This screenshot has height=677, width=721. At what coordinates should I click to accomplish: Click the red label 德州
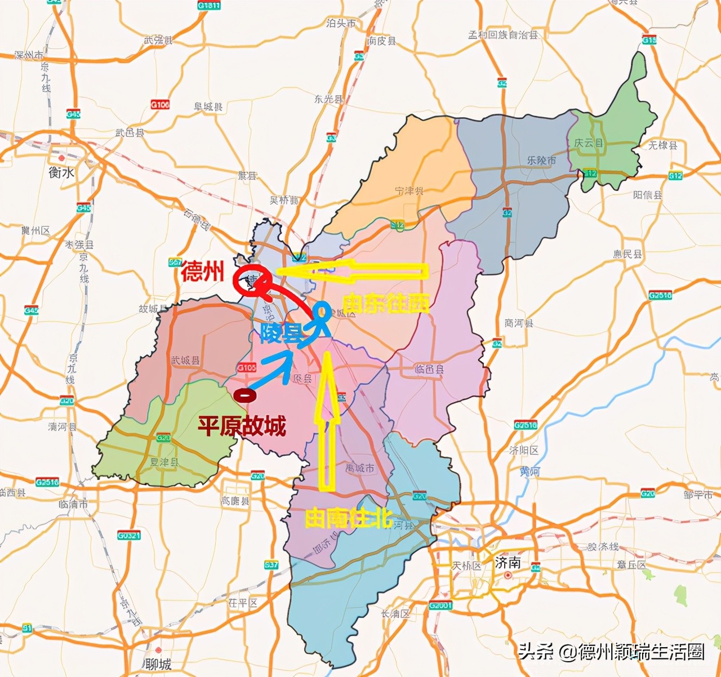[203, 272]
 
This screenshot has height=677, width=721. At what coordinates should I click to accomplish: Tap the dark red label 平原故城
[242, 426]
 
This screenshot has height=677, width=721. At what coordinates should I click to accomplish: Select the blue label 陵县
[281, 334]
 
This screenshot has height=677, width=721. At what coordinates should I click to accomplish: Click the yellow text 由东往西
[386, 304]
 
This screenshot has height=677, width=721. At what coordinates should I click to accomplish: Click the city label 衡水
[61, 172]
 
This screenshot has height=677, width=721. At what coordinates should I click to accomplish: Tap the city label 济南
[508, 563]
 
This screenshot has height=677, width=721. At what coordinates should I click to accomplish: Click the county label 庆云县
[589, 143]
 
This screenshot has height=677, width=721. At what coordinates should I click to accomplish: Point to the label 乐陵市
[541, 161]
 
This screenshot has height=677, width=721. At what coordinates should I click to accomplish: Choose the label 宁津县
[409, 191]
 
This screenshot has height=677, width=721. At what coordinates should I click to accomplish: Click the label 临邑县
[429, 369]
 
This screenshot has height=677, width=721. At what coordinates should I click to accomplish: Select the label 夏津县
[164, 462]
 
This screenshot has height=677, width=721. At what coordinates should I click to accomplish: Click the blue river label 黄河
[529, 471]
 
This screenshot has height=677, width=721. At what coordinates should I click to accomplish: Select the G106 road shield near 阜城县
[160, 104]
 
